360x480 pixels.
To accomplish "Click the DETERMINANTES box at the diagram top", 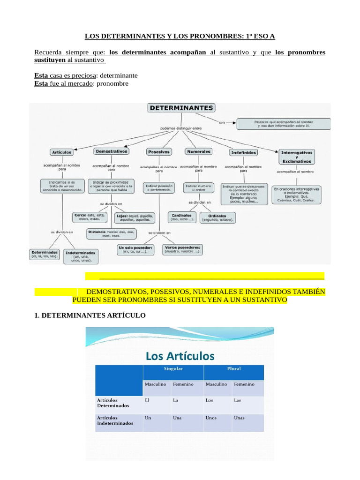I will [181, 108].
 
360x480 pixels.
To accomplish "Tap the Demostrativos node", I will [111, 151].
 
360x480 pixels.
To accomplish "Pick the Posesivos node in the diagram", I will [159, 152].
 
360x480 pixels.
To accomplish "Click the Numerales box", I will [199, 151].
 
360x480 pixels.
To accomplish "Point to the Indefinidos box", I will [243, 152].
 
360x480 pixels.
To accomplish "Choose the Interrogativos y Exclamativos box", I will [297, 157].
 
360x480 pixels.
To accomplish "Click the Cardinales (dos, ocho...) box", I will [181, 217].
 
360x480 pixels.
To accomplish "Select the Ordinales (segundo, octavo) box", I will [218, 217].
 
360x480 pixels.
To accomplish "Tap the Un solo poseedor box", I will [135, 249].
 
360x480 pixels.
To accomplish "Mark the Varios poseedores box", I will [183, 249].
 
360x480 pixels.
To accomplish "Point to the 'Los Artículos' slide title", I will [180, 356].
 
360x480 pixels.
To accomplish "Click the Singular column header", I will [173, 369].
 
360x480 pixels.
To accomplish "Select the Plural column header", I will [233, 369].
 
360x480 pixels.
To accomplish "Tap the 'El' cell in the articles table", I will [149, 401].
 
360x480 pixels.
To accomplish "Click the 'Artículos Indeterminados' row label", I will [115, 420].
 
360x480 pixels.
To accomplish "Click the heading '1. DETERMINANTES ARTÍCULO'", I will [90, 316].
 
